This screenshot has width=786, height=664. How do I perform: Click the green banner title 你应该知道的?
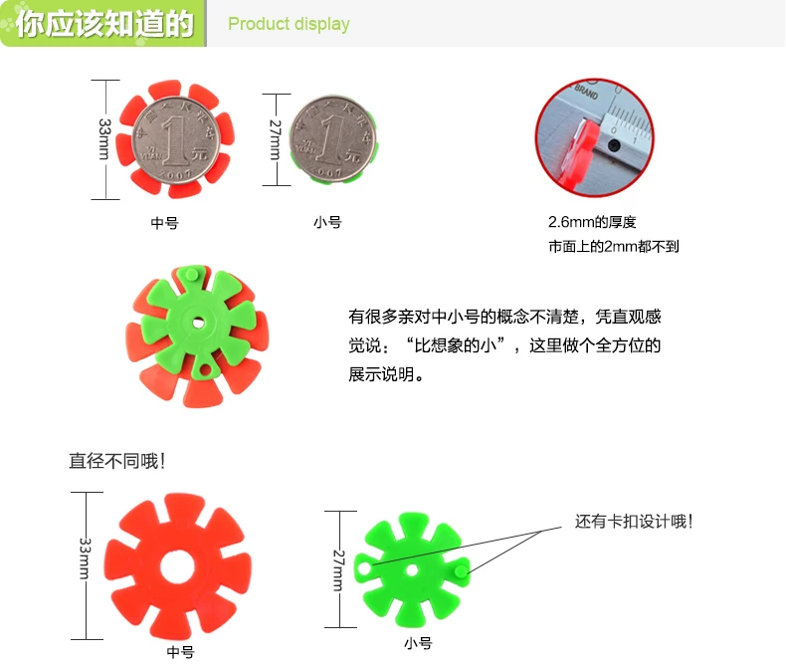click(x=104, y=24)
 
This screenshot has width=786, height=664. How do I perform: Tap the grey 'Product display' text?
click(x=289, y=24)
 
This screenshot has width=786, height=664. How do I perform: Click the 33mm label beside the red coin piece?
click(x=104, y=139)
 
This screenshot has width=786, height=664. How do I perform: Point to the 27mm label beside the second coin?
click(x=276, y=139)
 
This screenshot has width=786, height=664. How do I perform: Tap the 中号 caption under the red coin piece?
click(x=165, y=223)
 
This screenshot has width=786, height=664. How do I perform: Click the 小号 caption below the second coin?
click(x=328, y=222)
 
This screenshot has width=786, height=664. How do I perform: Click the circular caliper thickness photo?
click(x=595, y=137)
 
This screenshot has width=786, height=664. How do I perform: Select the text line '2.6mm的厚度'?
click(x=592, y=222)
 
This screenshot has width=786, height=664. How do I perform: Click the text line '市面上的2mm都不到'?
click(x=614, y=246)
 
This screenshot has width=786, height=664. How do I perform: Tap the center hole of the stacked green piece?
click(x=198, y=322)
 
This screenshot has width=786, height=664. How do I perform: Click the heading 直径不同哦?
click(x=116, y=461)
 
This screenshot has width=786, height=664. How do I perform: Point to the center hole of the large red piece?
click(x=177, y=567)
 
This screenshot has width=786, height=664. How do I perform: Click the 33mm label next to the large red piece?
click(x=86, y=558)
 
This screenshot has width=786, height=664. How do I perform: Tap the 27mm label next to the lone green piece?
click(x=339, y=569)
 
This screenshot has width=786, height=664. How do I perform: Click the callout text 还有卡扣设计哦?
click(x=634, y=522)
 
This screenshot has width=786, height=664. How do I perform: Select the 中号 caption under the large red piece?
click(x=180, y=652)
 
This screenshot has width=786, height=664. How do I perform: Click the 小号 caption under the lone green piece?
click(x=418, y=643)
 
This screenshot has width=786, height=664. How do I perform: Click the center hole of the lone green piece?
click(x=412, y=569)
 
